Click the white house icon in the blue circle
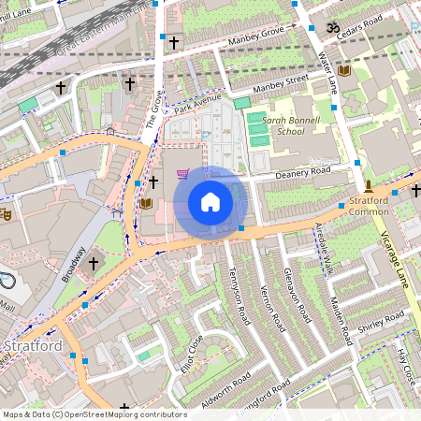pos(210,201)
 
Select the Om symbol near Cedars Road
pos(330,28)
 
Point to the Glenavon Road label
pos(296,290)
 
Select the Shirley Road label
pos(381,323)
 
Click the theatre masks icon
pos(5,213)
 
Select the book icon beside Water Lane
pos(344,70)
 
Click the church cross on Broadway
pos(92,265)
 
